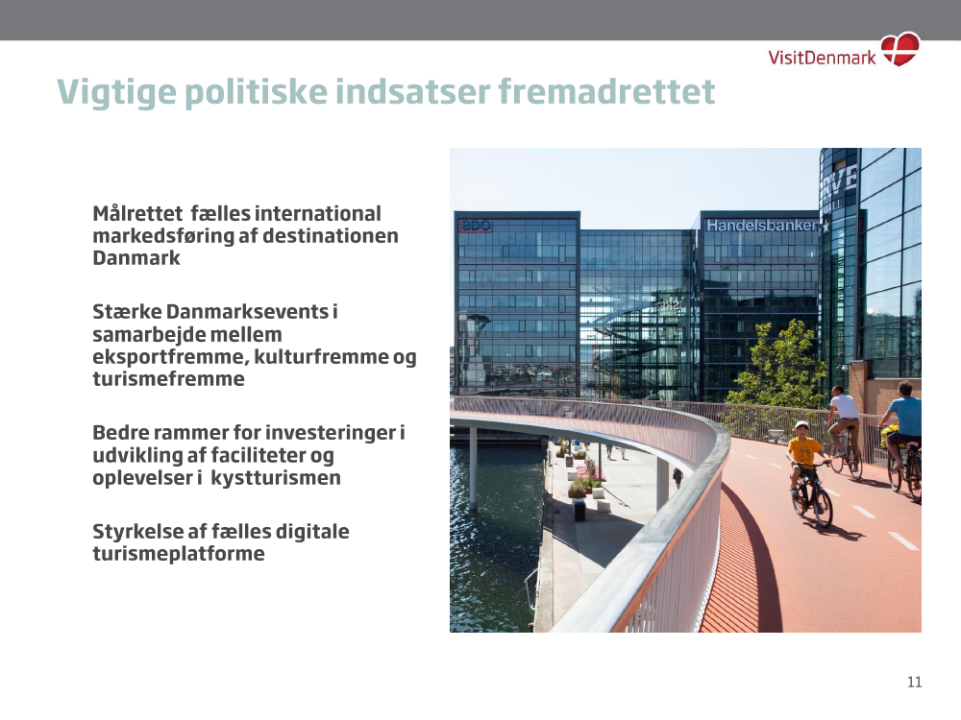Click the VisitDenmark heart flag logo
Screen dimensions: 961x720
pyautogui.click(x=900, y=49)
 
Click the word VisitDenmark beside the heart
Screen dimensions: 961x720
pyautogui.click(x=822, y=58)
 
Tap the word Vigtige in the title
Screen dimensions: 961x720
pyautogui.click(x=116, y=93)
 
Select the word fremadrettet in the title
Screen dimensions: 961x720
pyautogui.click(x=606, y=91)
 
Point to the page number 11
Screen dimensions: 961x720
pyautogui.click(x=915, y=682)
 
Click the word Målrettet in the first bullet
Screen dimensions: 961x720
pyautogui.click(x=137, y=214)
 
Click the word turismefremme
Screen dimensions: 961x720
pyautogui.click(x=168, y=379)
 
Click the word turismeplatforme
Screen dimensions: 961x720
pyautogui.click(x=179, y=554)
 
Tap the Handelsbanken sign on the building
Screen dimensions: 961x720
pyautogui.click(x=762, y=226)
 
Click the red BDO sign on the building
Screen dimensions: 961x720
pyautogui.click(x=475, y=226)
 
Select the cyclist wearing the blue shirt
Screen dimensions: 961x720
pyautogui.click(x=902, y=422)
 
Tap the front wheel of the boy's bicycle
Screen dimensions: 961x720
pyautogui.click(x=823, y=507)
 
